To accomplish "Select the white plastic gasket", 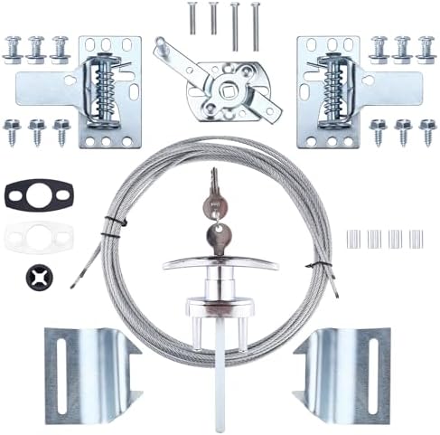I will [37, 238].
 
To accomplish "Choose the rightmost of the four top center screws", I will [255, 19].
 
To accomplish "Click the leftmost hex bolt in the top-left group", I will [14, 46].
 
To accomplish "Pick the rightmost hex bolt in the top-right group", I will [425, 46].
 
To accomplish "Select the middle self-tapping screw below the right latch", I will [402, 131].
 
